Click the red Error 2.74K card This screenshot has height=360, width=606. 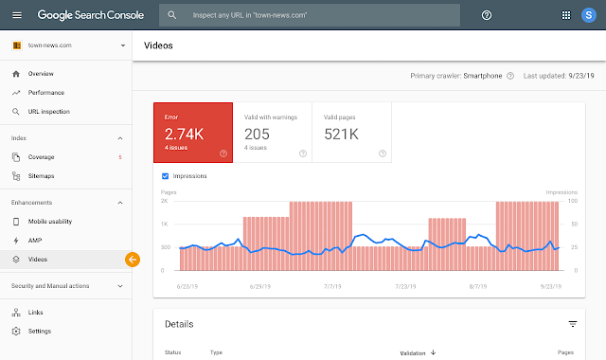193,132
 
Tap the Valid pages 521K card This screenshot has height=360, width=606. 352,132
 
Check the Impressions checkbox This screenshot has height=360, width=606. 166,176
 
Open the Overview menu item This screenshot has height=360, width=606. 41,73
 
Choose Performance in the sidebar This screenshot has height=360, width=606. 46,92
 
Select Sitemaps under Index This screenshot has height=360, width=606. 42,175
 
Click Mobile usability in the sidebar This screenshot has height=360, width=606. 50,221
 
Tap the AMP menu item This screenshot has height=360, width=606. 35,240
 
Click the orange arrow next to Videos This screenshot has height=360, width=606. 132,259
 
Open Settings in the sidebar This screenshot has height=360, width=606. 40,331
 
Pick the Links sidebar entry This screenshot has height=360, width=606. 36,312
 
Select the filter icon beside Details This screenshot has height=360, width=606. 572,324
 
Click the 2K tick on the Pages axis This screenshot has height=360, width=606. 165,202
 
